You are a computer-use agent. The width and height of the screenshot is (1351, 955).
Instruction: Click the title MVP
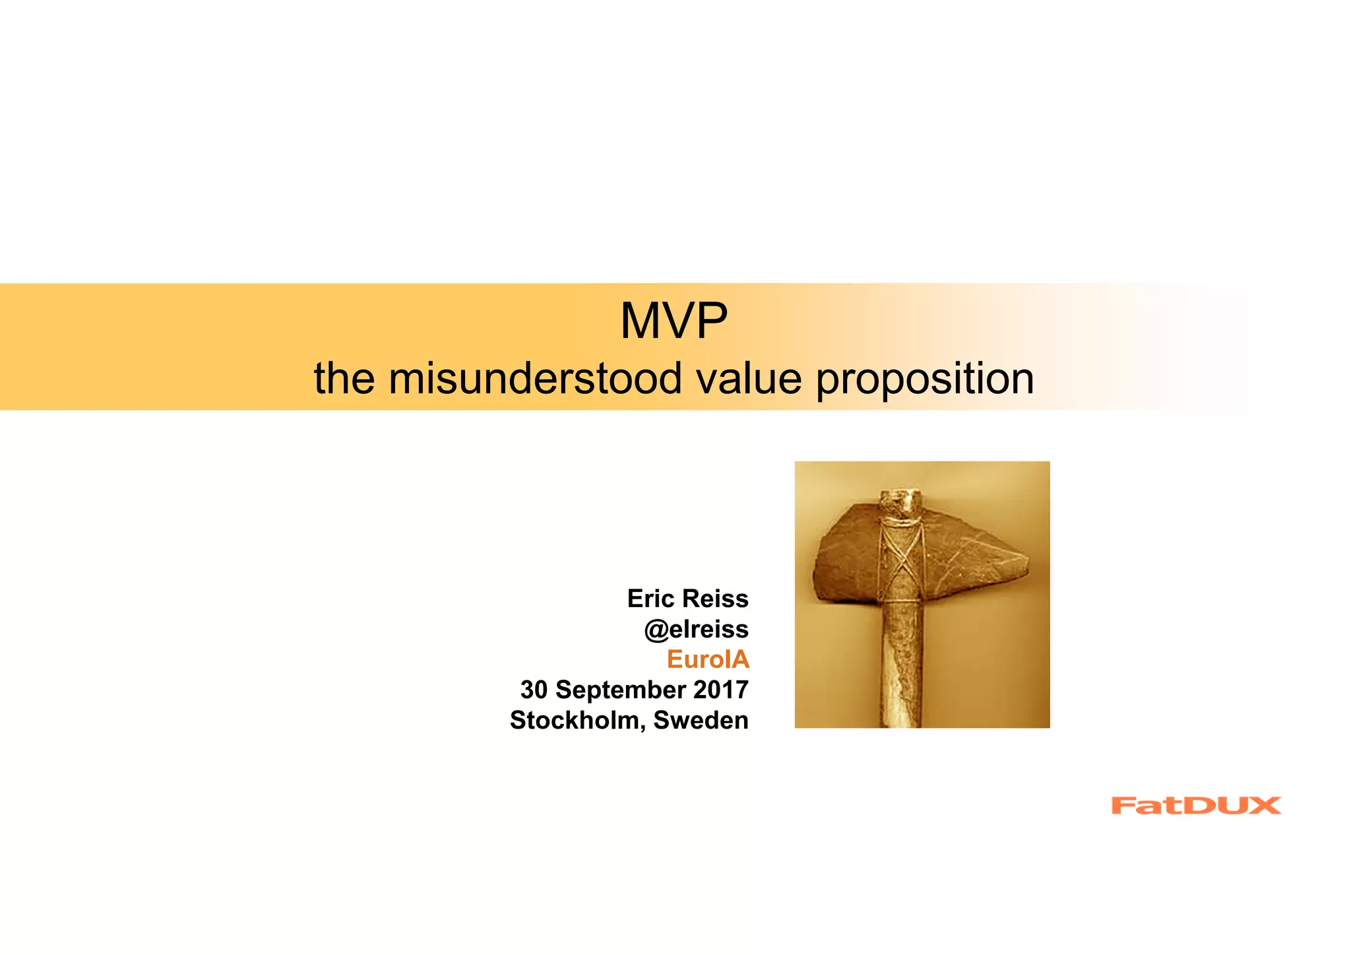(x=674, y=321)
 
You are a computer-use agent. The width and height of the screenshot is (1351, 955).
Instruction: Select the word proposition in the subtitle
(x=925, y=380)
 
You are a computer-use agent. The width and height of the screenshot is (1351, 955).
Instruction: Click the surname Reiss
(x=716, y=599)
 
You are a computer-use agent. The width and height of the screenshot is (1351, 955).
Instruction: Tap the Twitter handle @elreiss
(x=696, y=630)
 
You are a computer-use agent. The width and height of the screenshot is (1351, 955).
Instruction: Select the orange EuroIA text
(x=708, y=659)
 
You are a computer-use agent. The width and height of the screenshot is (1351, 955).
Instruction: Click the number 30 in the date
(x=534, y=690)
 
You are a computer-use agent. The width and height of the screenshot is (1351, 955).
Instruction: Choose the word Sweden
(x=701, y=720)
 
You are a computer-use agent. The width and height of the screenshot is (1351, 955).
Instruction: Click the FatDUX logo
(x=1195, y=805)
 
